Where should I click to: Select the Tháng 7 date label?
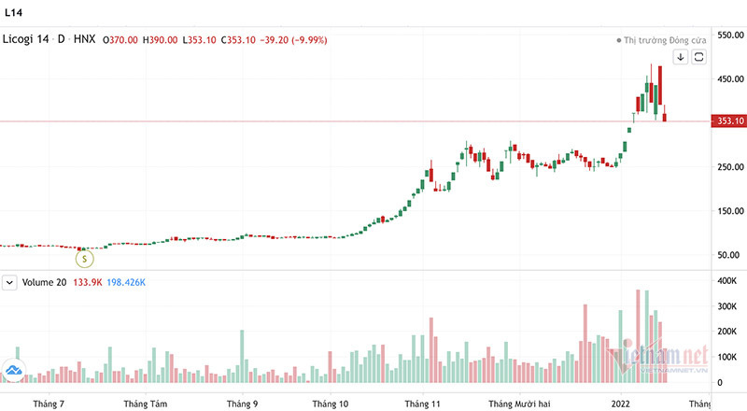pyautogui.click(x=48, y=404)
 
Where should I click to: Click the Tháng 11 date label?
pyautogui.click(x=423, y=404)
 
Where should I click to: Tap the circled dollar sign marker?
pyautogui.click(x=84, y=256)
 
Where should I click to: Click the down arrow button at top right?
pyautogui.click(x=681, y=57)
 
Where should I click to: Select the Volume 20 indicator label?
pyautogui.click(x=44, y=282)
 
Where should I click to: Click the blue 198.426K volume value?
pyautogui.click(x=120, y=282)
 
